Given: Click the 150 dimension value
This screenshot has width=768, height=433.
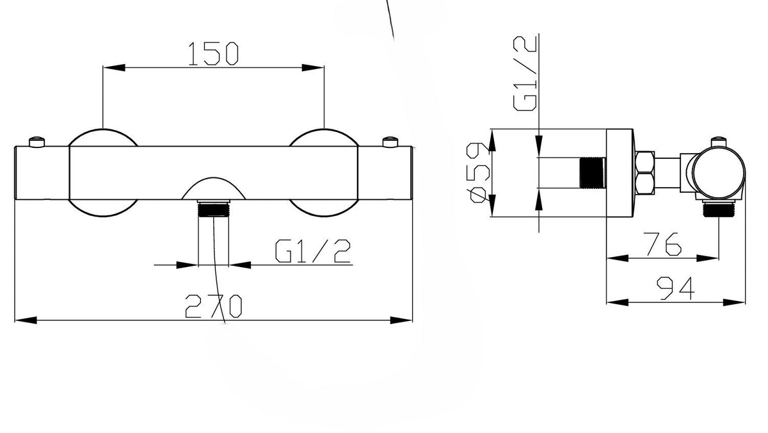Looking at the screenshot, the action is (213, 54).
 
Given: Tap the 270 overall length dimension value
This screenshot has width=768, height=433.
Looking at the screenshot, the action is (213, 306).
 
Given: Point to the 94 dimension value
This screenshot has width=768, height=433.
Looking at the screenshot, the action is (675, 288).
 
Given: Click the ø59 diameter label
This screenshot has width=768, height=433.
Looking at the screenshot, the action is (478, 174).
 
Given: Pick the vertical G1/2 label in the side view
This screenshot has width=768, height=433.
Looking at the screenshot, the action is (525, 74).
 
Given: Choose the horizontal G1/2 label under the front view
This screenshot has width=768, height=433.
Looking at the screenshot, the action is (313, 251).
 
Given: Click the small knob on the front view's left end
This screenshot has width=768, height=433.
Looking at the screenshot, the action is (37, 142).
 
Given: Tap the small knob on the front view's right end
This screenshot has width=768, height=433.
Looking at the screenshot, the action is (390, 142).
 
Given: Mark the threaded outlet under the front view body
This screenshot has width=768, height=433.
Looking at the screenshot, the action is (213, 209).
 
